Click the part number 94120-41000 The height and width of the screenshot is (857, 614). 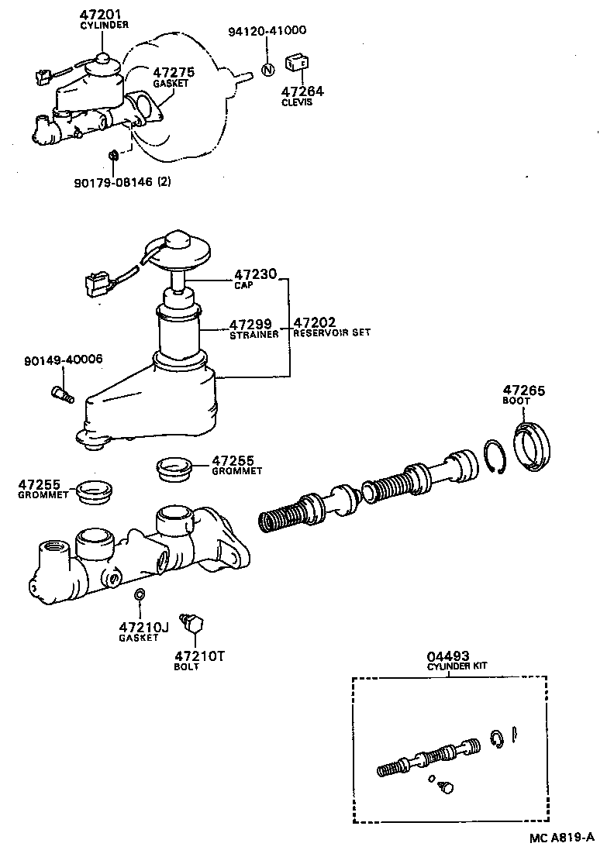267,31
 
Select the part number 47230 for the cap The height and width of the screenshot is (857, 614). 250,274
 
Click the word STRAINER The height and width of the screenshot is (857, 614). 253,336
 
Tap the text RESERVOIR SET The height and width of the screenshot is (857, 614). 332,332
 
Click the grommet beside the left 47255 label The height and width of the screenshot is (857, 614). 95,491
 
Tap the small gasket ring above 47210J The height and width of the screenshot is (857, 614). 140,595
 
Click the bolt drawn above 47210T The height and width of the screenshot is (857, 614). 191,621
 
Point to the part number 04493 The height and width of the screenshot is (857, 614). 450,656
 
